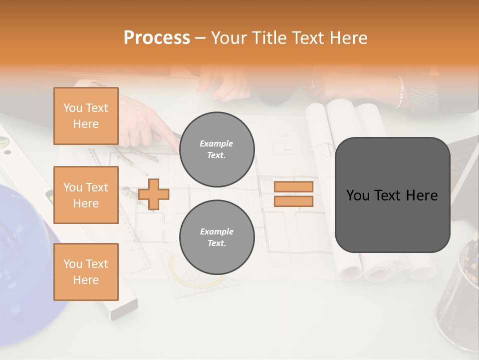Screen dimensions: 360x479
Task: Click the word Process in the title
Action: (157, 37)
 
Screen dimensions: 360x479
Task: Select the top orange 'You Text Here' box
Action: (86, 116)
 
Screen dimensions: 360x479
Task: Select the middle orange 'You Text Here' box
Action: (86, 195)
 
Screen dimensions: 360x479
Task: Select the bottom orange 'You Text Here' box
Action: (86, 272)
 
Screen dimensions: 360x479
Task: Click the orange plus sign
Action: (154, 194)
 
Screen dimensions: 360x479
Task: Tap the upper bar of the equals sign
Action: (294, 187)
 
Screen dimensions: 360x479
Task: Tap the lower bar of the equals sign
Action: (294, 201)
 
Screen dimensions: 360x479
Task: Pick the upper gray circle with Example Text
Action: (217, 149)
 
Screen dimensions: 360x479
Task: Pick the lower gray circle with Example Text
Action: (217, 237)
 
